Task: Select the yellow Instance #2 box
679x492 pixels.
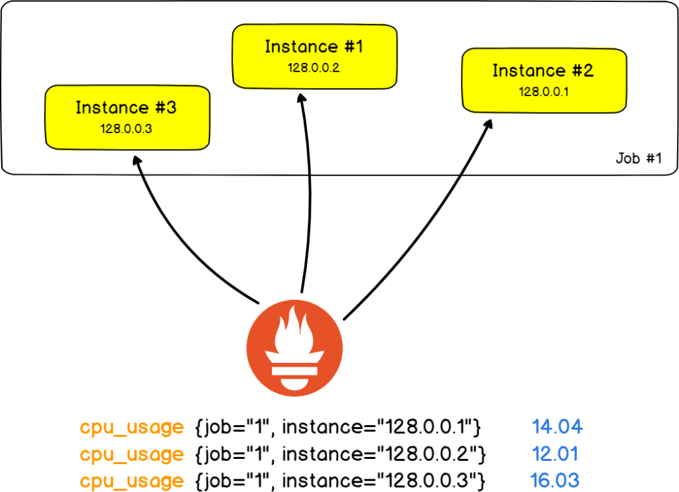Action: pyautogui.click(x=543, y=79)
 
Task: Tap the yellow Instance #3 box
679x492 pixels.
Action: pyautogui.click(x=127, y=117)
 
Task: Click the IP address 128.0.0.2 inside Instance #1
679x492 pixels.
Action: pyautogui.click(x=314, y=68)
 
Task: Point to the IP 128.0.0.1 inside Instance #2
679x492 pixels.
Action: pyautogui.click(x=543, y=92)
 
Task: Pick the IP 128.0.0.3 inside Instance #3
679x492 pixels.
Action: pyautogui.click(x=127, y=128)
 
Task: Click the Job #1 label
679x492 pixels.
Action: pyautogui.click(x=638, y=160)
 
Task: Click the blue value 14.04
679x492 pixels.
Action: pyautogui.click(x=557, y=428)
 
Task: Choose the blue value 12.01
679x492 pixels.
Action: pyautogui.click(x=555, y=454)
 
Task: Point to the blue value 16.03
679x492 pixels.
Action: pyautogui.click(x=555, y=480)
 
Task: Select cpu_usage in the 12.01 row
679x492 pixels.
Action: pyautogui.click(x=131, y=455)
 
